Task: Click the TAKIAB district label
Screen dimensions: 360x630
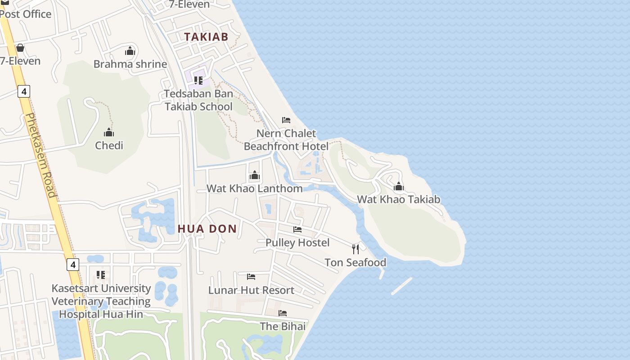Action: coord(206,37)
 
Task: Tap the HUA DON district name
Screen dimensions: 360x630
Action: coord(207,229)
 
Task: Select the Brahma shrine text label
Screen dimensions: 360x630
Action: coord(130,64)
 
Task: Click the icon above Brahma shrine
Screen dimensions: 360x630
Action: coord(130,51)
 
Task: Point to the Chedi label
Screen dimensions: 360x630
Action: coord(109,145)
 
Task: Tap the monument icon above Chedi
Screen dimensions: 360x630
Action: coord(109,132)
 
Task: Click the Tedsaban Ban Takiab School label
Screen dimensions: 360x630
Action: coord(198,100)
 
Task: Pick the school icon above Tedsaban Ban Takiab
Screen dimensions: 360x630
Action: coord(198,81)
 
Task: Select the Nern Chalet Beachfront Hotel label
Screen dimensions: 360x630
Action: coord(286,140)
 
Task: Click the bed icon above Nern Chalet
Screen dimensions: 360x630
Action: coord(286,120)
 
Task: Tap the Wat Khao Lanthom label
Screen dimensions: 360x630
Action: coord(254,188)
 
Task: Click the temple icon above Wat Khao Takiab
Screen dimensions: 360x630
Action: coord(399,186)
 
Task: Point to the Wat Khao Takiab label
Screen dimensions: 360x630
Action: coord(399,199)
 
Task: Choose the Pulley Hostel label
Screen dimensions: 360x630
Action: coord(297,243)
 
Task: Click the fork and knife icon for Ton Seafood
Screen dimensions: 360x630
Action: coord(355,249)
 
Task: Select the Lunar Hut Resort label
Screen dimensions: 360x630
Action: coord(251,290)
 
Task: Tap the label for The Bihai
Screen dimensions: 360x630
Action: coord(283,326)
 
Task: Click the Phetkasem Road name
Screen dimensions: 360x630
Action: coord(40,155)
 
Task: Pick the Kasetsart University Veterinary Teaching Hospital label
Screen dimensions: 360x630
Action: coord(101,301)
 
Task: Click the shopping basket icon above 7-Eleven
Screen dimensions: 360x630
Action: coord(20,48)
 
